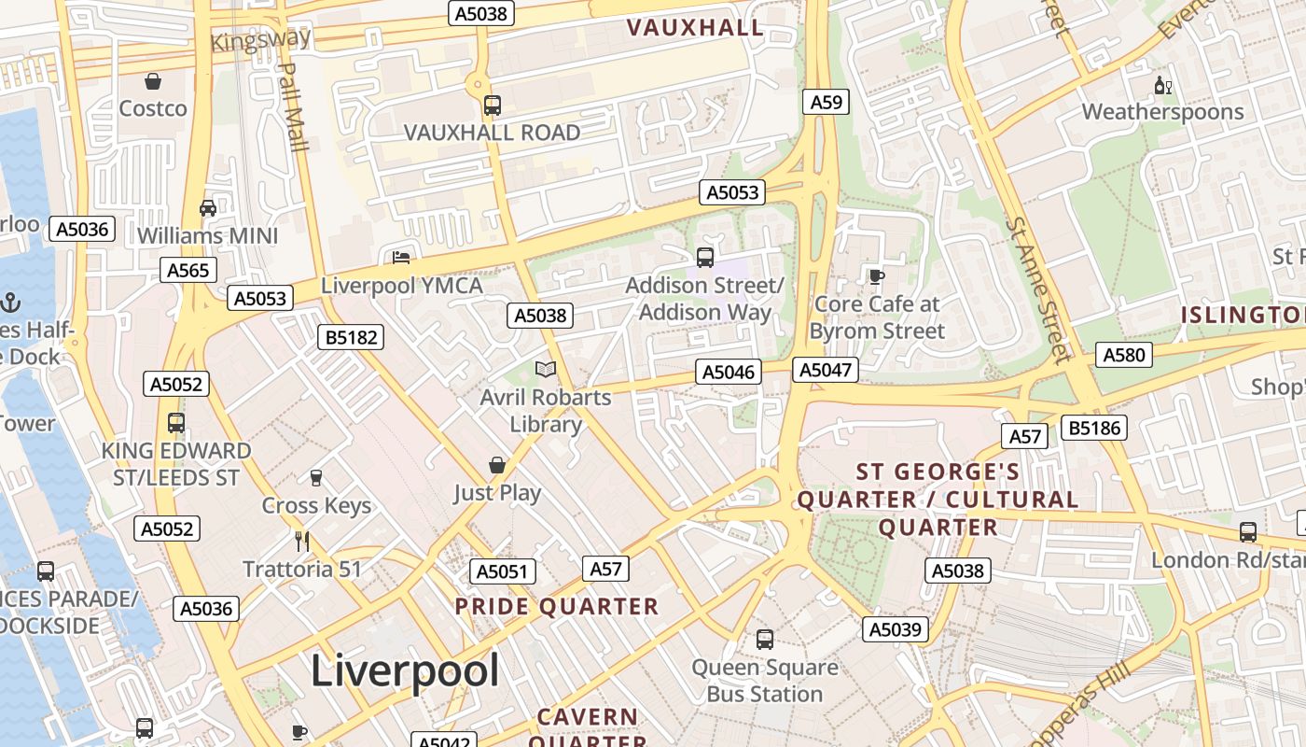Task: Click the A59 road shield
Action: [x=826, y=102]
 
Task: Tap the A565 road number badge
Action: [x=189, y=270]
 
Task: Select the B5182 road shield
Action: [x=352, y=337]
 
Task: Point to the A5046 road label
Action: [x=729, y=373]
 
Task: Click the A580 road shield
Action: [x=1123, y=355]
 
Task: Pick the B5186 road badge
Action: [x=1096, y=429]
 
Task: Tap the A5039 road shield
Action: [x=896, y=629]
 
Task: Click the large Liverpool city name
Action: [x=405, y=669]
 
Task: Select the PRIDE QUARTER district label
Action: [x=557, y=606]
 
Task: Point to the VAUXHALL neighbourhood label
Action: [x=695, y=28]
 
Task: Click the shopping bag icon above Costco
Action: [x=153, y=82]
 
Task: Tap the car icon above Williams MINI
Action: [x=208, y=207]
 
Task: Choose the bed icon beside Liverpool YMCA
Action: [x=401, y=257]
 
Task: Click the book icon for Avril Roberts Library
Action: [x=546, y=370]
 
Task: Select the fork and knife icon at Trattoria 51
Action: [x=301, y=542]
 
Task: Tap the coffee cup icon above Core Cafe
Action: [x=876, y=276]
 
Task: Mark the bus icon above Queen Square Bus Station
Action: [x=765, y=640]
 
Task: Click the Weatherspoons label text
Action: [x=1162, y=112]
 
